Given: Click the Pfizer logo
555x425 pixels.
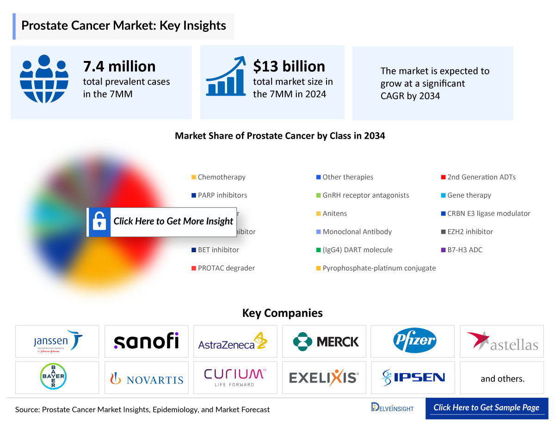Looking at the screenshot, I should (415, 341).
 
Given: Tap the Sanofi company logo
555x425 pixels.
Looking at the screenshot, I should (146, 341).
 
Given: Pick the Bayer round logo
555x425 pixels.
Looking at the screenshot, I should (53, 376).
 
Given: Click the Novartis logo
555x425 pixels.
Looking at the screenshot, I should (146, 379).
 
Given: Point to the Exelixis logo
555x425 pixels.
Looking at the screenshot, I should (324, 377).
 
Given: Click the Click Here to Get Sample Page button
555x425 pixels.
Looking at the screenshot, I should (486, 407).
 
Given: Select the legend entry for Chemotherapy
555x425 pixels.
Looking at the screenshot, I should (221, 177).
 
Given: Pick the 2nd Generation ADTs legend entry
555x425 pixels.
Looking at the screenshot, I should (481, 177).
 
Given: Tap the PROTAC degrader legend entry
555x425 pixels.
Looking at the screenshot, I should (226, 268).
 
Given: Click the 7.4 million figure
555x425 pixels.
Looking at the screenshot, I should (119, 67).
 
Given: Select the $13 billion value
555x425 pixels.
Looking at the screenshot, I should (289, 67).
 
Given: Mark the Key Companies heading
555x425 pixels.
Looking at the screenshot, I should (282, 313).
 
